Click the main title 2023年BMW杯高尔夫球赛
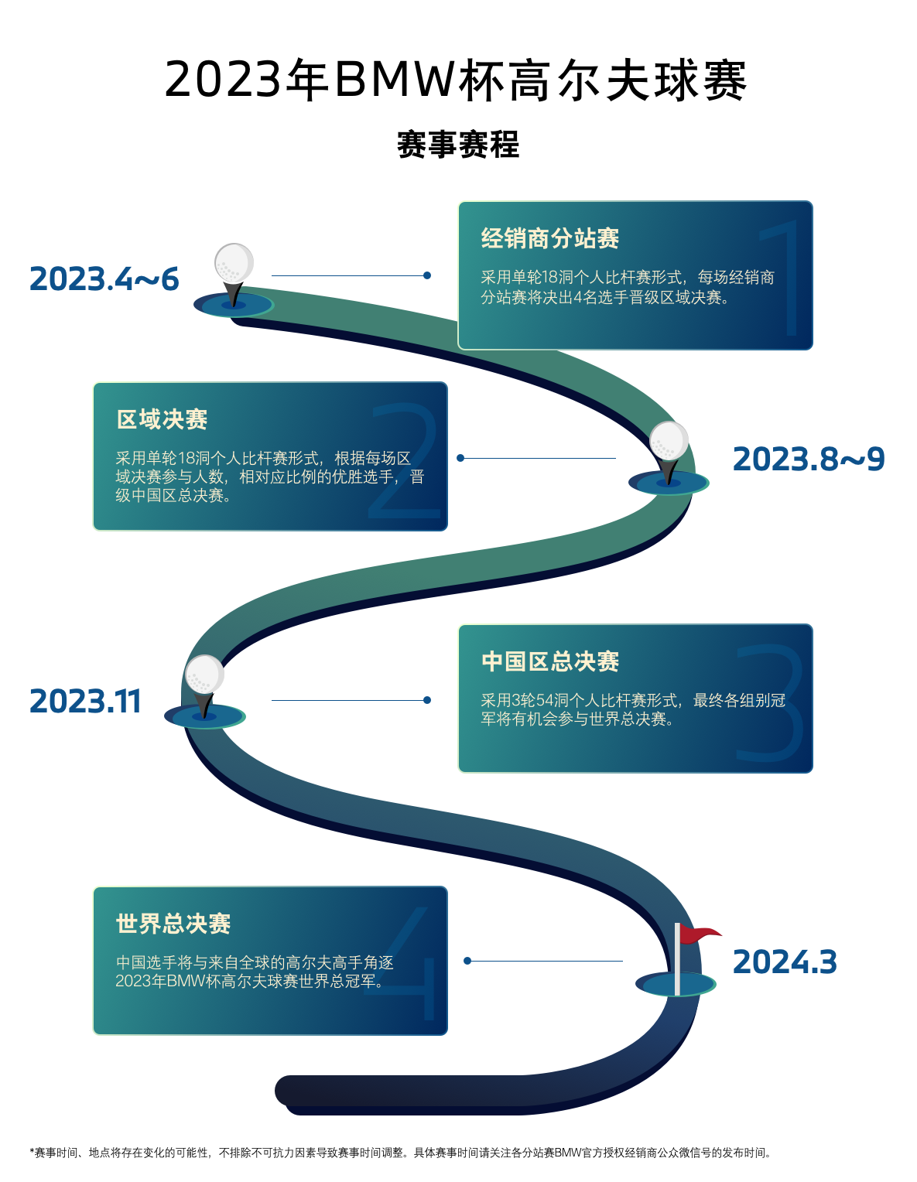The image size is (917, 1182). (457, 80)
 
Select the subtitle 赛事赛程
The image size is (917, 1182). (458, 145)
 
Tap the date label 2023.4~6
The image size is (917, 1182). (104, 279)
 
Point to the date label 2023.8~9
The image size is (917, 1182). (808, 459)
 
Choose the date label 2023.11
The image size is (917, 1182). (85, 702)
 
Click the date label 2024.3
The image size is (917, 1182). (785, 962)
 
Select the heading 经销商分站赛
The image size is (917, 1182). (549, 238)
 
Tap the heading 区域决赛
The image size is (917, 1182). (162, 419)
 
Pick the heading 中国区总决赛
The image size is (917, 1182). (549, 661)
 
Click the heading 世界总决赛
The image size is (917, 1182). (173, 924)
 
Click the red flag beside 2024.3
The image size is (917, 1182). (698, 934)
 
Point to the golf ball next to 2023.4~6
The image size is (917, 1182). (234, 263)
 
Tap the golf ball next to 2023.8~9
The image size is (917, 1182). (669, 440)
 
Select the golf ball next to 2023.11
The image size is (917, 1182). (204, 675)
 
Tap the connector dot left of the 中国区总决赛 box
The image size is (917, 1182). (427, 700)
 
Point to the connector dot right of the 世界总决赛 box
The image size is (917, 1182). (467, 961)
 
